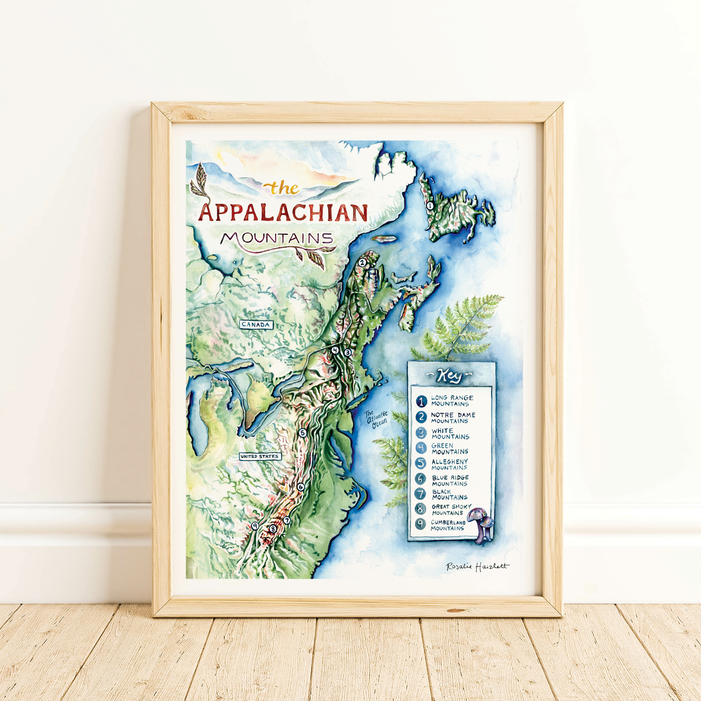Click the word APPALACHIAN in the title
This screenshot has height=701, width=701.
click(283, 213)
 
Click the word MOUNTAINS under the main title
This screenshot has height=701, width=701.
click(277, 238)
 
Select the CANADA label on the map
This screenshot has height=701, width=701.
click(256, 325)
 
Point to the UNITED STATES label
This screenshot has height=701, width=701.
click(259, 457)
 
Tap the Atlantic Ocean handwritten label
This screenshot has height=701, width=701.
click(377, 419)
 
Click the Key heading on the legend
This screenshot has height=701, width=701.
click(450, 375)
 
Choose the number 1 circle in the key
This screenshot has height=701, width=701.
click(421, 401)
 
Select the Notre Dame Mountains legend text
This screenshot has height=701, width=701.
click(453, 418)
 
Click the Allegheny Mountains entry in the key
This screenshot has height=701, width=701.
click(450, 464)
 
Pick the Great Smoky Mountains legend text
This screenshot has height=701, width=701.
click(451, 510)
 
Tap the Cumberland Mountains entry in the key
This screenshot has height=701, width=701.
click(448, 525)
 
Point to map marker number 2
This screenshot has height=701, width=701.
click(362, 263)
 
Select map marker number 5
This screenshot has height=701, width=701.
click(302, 433)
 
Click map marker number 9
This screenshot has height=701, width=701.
click(255, 526)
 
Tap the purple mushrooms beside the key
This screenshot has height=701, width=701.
click(482, 524)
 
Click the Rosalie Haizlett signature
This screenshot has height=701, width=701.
click(477, 566)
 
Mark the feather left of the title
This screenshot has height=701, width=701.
click(200, 181)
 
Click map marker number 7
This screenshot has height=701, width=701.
click(287, 520)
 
